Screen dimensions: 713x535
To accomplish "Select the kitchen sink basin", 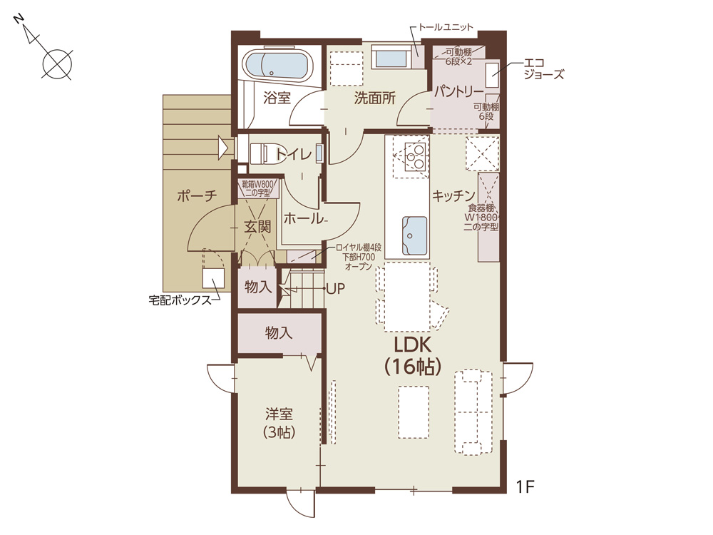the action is tap(414, 235).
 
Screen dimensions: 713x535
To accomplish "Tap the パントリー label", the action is tap(458, 92).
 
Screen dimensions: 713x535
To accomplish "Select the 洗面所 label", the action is tap(375, 98).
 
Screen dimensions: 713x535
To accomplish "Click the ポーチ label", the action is tap(197, 196).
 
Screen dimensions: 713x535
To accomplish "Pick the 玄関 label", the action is tap(257, 226).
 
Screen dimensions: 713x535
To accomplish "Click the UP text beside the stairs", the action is tap(336, 288).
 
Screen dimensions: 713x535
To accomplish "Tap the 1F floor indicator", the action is tap(525, 486).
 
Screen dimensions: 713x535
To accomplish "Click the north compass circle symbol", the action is tap(58, 63).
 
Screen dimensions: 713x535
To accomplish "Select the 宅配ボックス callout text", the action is tap(180, 300).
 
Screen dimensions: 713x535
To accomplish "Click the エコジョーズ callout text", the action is tap(544, 68).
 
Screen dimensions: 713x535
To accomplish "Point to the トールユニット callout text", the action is tap(446, 27).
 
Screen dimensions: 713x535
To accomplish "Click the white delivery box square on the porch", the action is tap(213, 278).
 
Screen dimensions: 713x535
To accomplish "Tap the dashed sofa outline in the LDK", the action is tap(473, 412).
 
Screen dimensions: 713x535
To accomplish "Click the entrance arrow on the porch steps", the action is tap(222, 148).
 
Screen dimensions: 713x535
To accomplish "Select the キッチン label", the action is tap(453, 195).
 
